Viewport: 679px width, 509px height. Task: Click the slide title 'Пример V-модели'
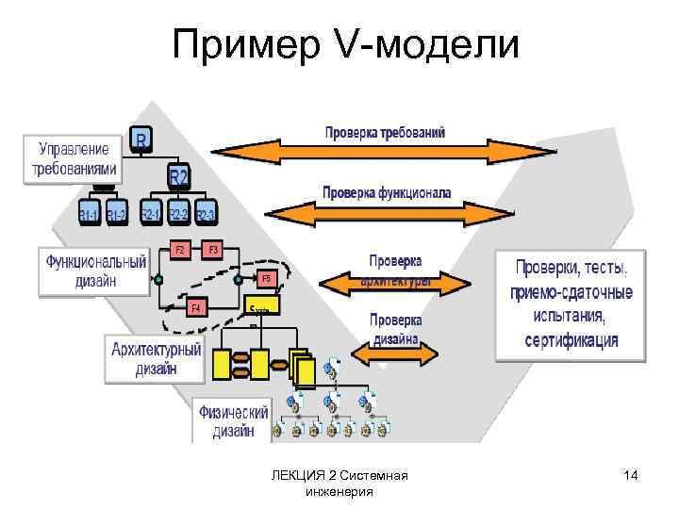pyautogui.click(x=345, y=43)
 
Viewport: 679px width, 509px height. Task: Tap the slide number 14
pyautogui.click(x=631, y=477)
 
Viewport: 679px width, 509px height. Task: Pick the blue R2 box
pyautogui.click(x=179, y=176)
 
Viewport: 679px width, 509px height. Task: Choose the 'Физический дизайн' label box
pyautogui.click(x=231, y=421)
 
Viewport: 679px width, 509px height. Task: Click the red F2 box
pyautogui.click(x=179, y=250)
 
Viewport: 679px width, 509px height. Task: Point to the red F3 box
pyautogui.click(x=213, y=250)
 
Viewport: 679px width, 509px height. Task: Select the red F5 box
pyautogui.click(x=266, y=279)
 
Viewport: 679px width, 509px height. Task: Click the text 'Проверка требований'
pyautogui.click(x=385, y=132)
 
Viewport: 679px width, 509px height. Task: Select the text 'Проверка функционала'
pyautogui.click(x=387, y=193)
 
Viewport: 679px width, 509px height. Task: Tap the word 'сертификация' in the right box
pyautogui.click(x=571, y=338)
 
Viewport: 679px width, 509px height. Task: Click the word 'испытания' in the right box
pyautogui.click(x=571, y=316)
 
